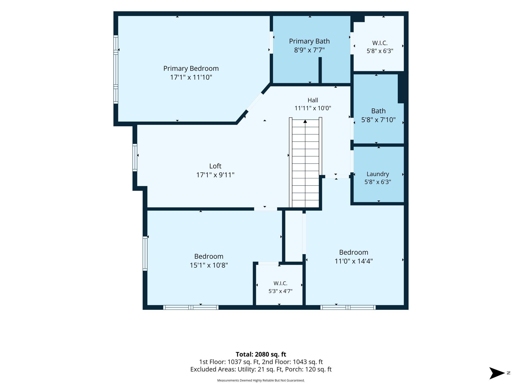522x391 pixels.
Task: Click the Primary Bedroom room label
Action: click(x=191, y=68)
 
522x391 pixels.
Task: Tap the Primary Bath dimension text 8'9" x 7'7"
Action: click(x=309, y=50)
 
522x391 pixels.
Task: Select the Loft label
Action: click(x=215, y=166)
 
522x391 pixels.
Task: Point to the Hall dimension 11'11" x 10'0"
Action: click(x=313, y=108)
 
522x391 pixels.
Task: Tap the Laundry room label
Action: click(x=378, y=174)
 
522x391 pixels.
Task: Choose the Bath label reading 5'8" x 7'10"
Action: click(x=378, y=120)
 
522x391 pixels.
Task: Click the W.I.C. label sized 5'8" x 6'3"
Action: click(x=380, y=47)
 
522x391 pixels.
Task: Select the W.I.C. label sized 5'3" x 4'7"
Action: click(x=281, y=287)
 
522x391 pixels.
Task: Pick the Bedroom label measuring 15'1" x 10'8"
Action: click(x=209, y=261)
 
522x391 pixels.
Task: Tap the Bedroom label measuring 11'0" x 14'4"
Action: click(x=354, y=257)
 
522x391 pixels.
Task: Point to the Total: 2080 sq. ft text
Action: click(x=261, y=354)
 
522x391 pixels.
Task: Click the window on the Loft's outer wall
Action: click(x=135, y=158)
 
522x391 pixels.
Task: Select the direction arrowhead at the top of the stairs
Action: click(x=305, y=121)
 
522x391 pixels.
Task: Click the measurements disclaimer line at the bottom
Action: click(x=261, y=380)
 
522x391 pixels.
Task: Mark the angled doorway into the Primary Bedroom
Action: click(x=254, y=102)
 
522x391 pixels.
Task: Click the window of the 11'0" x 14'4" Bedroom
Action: click(x=348, y=308)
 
